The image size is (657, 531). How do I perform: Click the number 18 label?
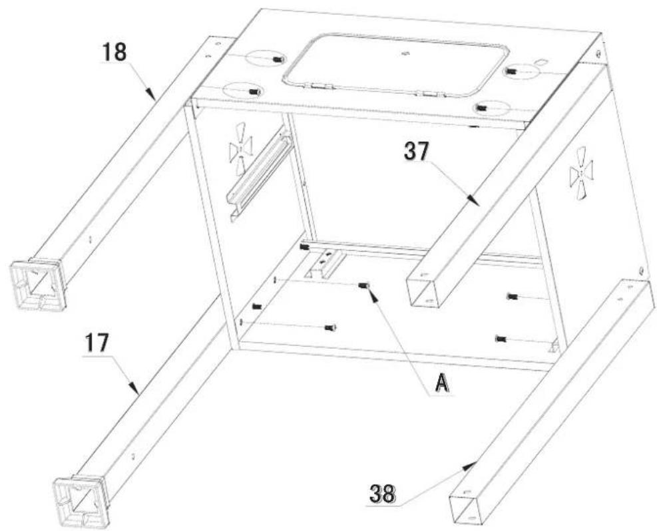coord(114,53)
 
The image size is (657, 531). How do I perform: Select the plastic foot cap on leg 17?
coord(80,496)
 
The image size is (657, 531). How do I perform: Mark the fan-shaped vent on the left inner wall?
coord(240,154)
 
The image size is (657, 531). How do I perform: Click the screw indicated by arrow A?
coord(363,286)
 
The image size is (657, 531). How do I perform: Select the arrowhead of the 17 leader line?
coord(138,391)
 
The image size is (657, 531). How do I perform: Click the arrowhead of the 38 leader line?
coord(475,462)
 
